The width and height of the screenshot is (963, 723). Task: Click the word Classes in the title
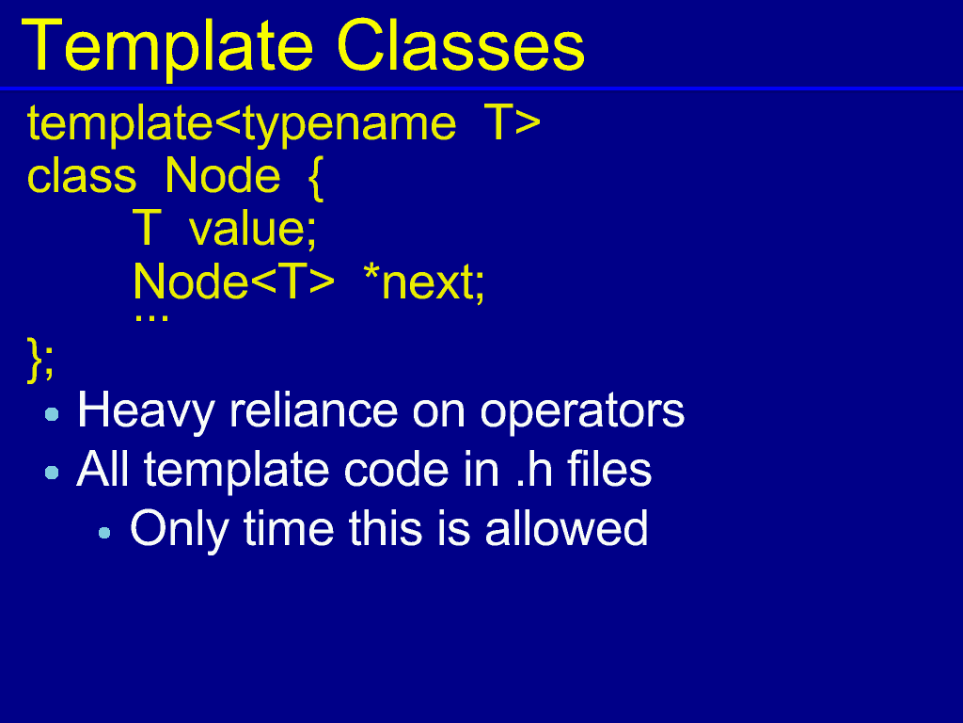pyautogui.click(x=461, y=47)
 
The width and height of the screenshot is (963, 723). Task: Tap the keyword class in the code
pyautogui.click(x=82, y=176)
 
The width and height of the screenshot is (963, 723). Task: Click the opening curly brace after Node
pyautogui.click(x=315, y=179)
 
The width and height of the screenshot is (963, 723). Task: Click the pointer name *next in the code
pyautogui.click(x=419, y=282)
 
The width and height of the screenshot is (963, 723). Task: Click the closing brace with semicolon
pyautogui.click(x=40, y=360)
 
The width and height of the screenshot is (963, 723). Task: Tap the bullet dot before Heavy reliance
pyautogui.click(x=53, y=414)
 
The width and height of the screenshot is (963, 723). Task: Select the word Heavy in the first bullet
pyautogui.click(x=146, y=410)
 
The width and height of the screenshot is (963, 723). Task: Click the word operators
pyautogui.click(x=581, y=411)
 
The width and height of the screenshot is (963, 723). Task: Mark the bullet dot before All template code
pyautogui.click(x=53, y=473)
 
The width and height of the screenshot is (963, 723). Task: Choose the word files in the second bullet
pyautogui.click(x=609, y=469)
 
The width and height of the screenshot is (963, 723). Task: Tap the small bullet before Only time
pyautogui.click(x=104, y=533)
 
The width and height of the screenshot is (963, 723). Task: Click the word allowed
pyautogui.click(x=566, y=527)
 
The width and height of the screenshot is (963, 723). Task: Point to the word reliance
pyautogui.click(x=313, y=410)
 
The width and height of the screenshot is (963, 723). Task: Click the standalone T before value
pyautogui.click(x=147, y=228)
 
